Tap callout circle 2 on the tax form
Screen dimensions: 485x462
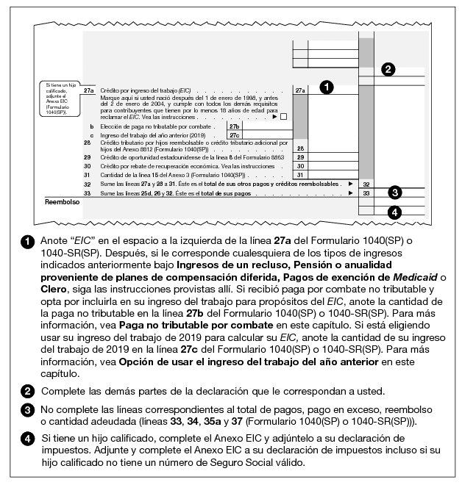pyautogui.click(x=388, y=70)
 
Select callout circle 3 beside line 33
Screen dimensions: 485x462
pyautogui.click(x=395, y=193)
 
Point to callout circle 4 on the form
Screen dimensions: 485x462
pyautogui.click(x=395, y=213)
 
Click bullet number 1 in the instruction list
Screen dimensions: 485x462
pyautogui.click(x=26, y=241)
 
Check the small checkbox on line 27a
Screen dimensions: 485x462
pyautogui.click(x=283, y=116)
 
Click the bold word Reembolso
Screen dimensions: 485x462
pyautogui.click(x=63, y=201)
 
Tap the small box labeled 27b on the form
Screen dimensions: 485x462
pyautogui.click(x=234, y=126)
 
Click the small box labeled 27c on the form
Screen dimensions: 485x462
pyautogui.click(x=234, y=135)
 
